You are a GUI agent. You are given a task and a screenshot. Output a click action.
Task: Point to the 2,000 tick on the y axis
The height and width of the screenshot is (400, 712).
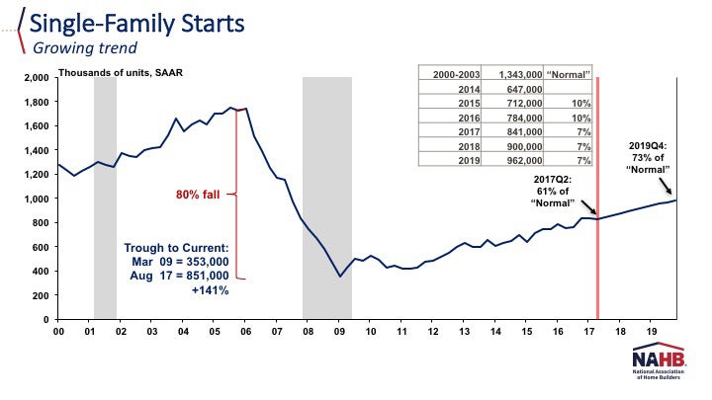(x=35, y=77)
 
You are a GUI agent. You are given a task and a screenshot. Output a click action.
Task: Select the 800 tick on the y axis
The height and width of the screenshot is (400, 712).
(x=39, y=222)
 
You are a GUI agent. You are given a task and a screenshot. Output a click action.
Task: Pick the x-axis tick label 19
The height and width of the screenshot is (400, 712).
(x=650, y=333)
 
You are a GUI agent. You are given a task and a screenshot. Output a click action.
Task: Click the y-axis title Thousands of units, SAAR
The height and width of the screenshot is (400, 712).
(x=119, y=72)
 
